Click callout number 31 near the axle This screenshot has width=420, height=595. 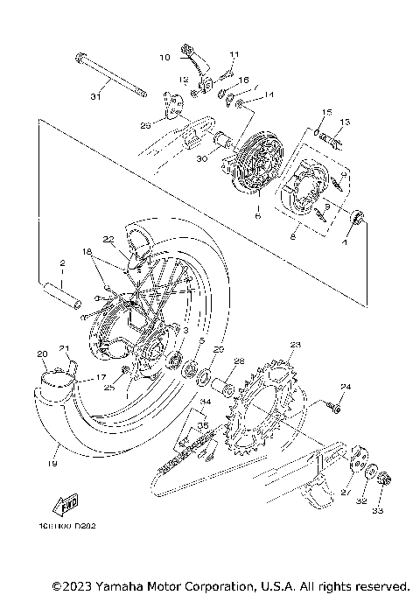tap(95, 96)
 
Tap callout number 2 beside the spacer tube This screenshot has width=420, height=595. tap(63, 262)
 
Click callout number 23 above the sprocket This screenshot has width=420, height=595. tap(295, 344)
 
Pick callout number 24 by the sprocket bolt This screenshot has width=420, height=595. tap(345, 386)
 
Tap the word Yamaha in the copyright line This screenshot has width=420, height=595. tap(128, 584)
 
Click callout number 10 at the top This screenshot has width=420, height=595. tap(164, 58)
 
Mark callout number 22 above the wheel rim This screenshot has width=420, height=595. tap(108, 239)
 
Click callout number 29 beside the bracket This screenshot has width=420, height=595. tap(146, 125)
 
